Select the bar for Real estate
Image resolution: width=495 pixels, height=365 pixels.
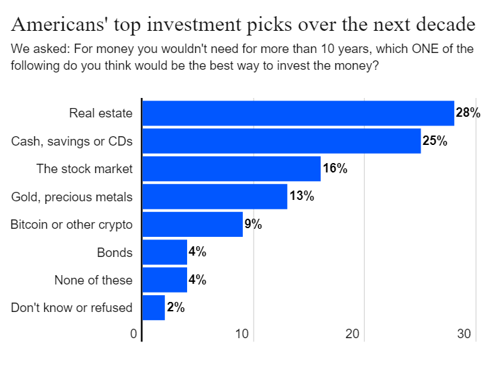coord(298,113)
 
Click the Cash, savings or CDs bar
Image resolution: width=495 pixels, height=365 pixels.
coord(282,141)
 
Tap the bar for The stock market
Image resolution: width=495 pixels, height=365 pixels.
coord(231,168)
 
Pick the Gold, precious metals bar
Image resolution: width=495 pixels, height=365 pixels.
coord(215,197)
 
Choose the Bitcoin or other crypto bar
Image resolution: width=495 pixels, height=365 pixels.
coord(192,224)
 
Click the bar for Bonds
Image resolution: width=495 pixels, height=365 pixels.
coord(165,252)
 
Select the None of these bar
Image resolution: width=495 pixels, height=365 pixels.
coord(165,280)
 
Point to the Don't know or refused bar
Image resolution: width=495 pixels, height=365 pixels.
coord(154,307)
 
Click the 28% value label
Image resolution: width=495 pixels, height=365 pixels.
coord(468,113)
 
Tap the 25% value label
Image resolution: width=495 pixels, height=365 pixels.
coord(435,140)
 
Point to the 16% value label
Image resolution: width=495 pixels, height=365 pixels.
coord(335,168)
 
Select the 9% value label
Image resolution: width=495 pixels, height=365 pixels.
coord(253,224)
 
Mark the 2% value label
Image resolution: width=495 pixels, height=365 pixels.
coord(176,307)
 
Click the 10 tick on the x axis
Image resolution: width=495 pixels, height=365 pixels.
coord(242,333)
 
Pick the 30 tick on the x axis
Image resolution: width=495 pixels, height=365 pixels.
coord(464,333)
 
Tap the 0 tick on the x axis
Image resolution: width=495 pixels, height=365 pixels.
coord(133,333)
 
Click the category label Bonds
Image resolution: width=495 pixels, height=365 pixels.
coord(115,252)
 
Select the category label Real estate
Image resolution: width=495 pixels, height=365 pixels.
coord(101,113)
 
